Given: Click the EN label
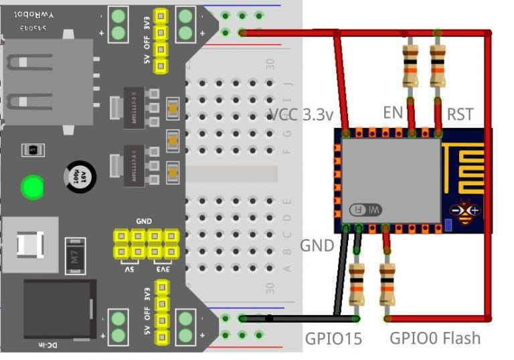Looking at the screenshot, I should click(392, 112).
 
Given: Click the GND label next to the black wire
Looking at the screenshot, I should click(316, 245).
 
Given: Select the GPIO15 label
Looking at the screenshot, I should click(333, 339).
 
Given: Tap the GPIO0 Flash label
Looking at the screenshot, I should click(435, 338).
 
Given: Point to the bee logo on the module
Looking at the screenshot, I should click(466, 213).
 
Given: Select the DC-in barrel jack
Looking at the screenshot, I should click(57, 311).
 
